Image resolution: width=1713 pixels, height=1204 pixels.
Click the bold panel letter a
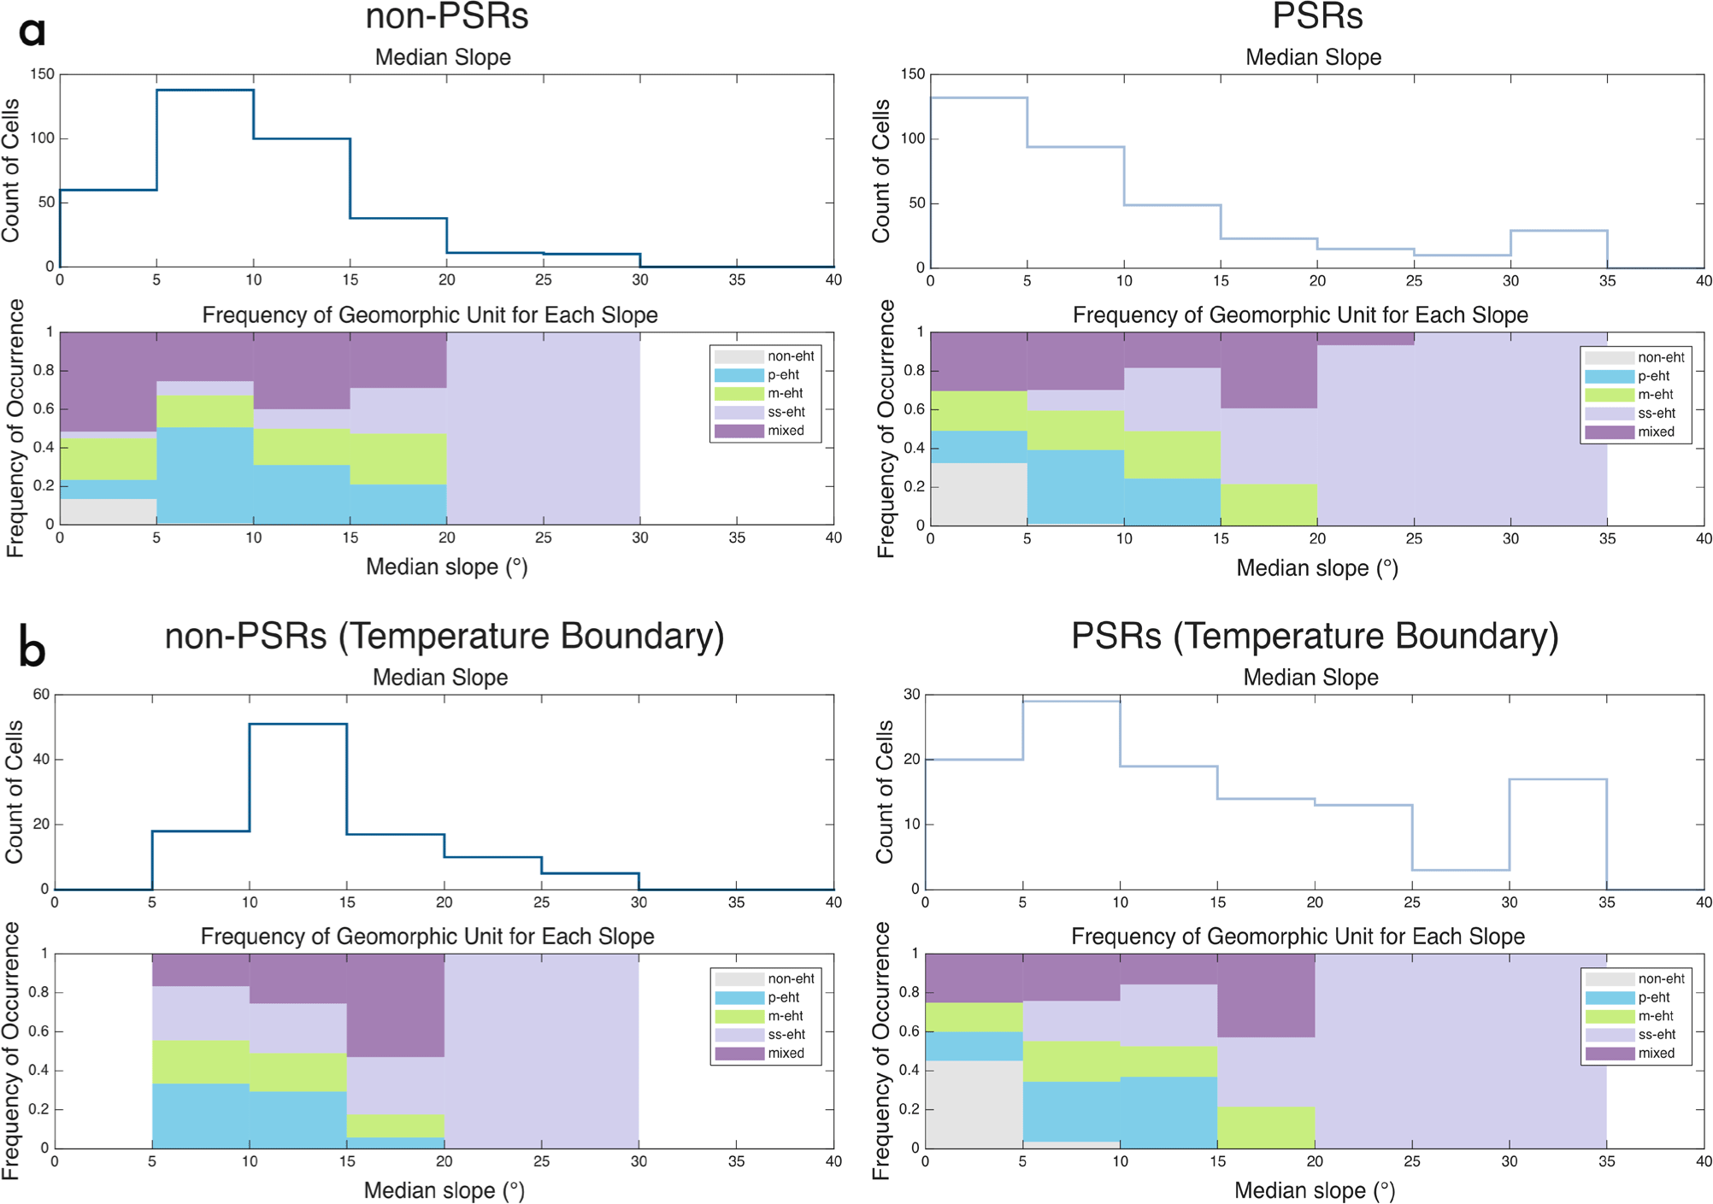pyautogui.click(x=32, y=32)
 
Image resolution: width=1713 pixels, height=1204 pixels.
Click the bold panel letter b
pyautogui.click(x=32, y=649)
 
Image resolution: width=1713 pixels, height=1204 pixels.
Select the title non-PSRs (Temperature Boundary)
pyautogui.click(x=444, y=637)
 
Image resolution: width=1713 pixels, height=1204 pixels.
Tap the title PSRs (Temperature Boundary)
pyautogui.click(x=1315, y=637)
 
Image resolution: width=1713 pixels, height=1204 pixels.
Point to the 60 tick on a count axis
pyautogui.click(x=41, y=695)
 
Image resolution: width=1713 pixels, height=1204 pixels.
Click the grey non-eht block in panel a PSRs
pyautogui.click(x=979, y=494)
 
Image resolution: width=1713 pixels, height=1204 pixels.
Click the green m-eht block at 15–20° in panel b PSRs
pyautogui.click(x=1266, y=1127)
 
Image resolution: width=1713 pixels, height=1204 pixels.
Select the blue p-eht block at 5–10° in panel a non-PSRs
pyautogui.click(x=205, y=475)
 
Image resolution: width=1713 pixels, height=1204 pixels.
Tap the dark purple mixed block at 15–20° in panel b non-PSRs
pyautogui.click(x=396, y=1006)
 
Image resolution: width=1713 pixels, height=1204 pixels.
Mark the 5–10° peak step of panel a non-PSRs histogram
pyautogui.click(x=205, y=90)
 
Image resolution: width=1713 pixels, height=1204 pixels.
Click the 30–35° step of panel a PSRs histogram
pyautogui.click(x=1559, y=231)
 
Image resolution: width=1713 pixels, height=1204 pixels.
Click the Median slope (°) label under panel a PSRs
pyautogui.click(x=1316, y=568)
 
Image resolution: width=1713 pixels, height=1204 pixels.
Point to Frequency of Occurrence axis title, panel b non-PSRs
pyautogui.click(x=12, y=1051)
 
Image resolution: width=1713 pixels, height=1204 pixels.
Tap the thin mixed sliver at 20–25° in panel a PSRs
pyautogui.click(x=1366, y=338)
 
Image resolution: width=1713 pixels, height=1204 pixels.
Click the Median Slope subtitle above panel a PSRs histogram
pyautogui.click(x=1313, y=57)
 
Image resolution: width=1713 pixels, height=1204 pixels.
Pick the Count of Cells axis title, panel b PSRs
pyautogui.click(x=884, y=791)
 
